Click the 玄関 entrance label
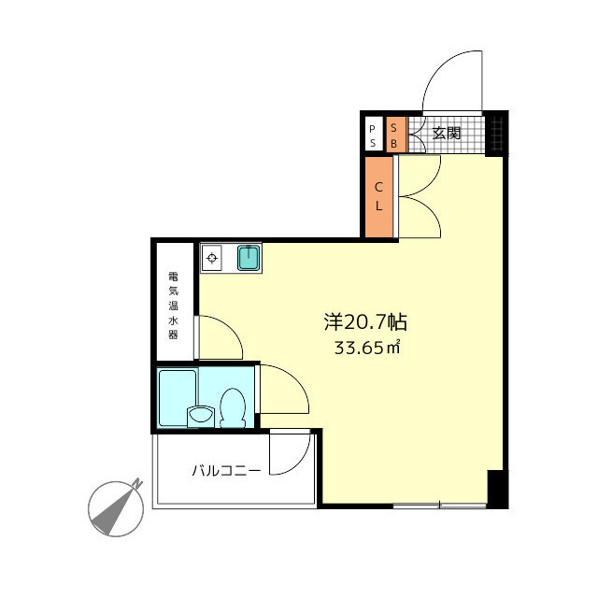(x=447, y=133)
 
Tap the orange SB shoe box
(x=395, y=135)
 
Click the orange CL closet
(x=379, y=197)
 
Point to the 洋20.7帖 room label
(x=365, y=322)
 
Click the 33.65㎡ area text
(x=367, y=348)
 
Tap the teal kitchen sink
(x=249, y=258)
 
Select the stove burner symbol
(x=212, y=258)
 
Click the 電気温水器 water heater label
(x=174, y=306)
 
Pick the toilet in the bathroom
(x=233, y=408)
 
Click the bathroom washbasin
(x=201, y=416)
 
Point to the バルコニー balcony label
(x=226, y=471)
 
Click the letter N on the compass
(x=137, y=484)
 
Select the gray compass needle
(x=114, y=509)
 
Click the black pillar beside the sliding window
(x=497, y=489)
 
